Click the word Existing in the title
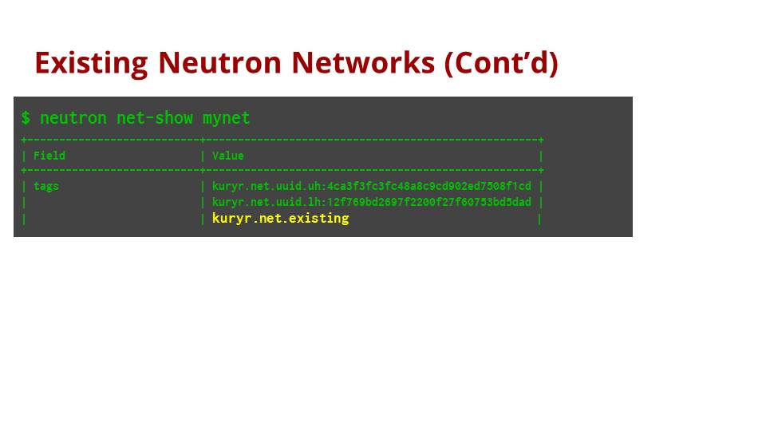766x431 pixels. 91,62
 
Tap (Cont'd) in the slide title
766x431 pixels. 501,62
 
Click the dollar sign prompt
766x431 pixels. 26,118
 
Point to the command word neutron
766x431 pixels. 73,118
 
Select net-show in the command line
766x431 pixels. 155,118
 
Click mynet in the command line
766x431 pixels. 226,118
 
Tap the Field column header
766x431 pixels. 49,156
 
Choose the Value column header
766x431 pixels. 228,156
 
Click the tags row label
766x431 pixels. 46,187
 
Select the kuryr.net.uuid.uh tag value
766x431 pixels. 371,187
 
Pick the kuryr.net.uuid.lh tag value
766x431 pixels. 371,203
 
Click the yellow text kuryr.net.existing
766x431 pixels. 280,219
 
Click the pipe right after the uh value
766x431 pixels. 541,187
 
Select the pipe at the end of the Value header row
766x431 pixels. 541,156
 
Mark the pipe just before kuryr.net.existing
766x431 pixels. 203,219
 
